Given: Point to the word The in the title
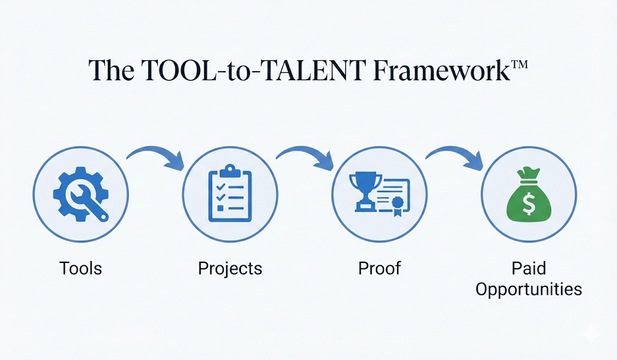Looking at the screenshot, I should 111,70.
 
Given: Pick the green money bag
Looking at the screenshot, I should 528,195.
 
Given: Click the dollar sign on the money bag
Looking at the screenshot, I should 528,204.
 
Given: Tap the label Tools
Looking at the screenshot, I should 81,268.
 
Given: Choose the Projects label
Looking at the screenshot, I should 230,268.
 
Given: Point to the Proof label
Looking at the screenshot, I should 380,268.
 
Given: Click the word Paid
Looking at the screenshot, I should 528,268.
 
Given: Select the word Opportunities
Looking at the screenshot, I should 528,289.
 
